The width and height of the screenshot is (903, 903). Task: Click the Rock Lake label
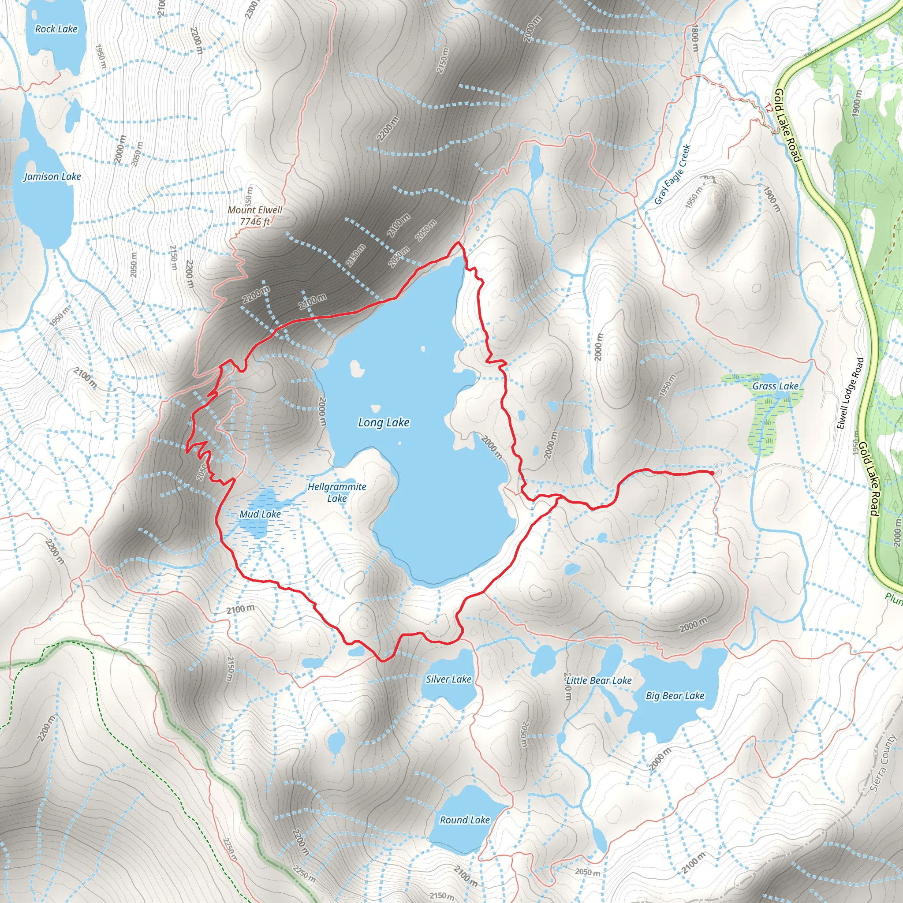[56, 29]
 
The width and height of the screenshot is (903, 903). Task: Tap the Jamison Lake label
[52, 177]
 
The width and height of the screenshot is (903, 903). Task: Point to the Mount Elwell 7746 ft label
[255, 216]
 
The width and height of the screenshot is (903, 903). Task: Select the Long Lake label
[383, 422]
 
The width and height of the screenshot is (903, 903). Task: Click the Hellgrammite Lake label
[336, 492]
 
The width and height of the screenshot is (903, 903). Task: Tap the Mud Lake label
[260, 514]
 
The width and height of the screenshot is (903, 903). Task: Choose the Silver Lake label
[448, 679]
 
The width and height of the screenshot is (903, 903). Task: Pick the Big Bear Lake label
[675, 695]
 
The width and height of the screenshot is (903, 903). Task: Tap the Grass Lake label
[775, 386]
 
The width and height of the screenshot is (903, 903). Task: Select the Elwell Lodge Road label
[850, 394]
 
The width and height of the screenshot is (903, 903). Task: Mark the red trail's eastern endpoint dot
[711, 474]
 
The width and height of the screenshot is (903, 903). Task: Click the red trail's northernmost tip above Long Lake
[459, 243]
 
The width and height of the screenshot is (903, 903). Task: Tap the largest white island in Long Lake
[357, 368]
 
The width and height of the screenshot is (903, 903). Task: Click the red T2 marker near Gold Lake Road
[769, 108]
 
